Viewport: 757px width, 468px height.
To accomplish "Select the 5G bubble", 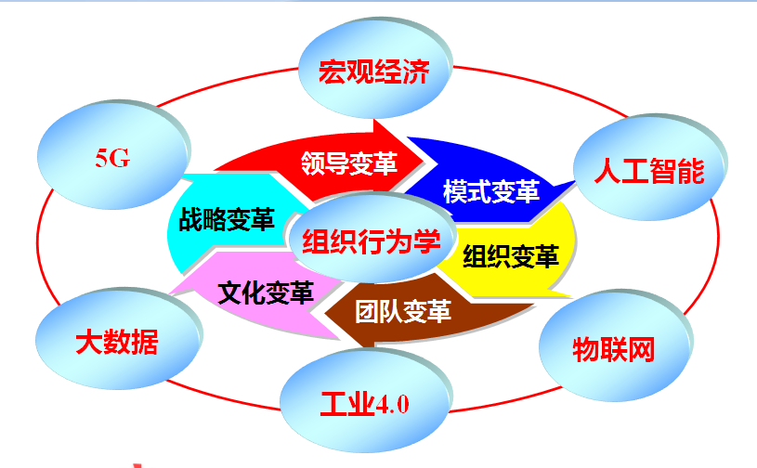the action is (113, 154).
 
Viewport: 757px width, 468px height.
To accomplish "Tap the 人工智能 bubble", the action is (649, 167).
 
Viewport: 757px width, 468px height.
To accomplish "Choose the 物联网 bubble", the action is (615, 344).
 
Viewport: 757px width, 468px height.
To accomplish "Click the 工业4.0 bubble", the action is (365, 400).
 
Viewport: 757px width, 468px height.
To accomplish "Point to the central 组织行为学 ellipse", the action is (372, 239).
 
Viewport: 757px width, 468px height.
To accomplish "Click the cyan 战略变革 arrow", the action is (227, 219).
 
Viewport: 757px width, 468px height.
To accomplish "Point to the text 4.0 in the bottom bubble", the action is (392, 404).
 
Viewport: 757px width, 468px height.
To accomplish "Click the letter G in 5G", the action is (120, 158).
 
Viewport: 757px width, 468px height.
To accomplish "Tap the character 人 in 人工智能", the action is (607, 170).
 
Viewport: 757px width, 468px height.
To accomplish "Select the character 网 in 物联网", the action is (641, 349).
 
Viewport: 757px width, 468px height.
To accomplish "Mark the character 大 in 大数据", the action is (89, 342).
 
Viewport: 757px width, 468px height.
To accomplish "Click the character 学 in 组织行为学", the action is (426, 241).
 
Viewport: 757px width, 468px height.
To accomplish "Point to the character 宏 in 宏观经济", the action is (333, 71).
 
